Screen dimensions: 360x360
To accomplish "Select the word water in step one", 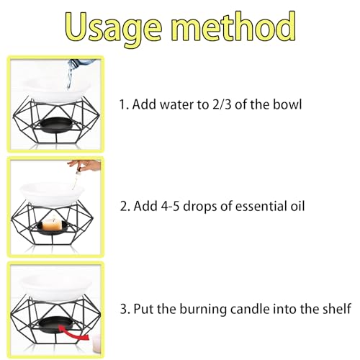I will tap(181, 104).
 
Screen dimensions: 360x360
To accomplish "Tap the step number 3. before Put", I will tap(125, 309).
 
